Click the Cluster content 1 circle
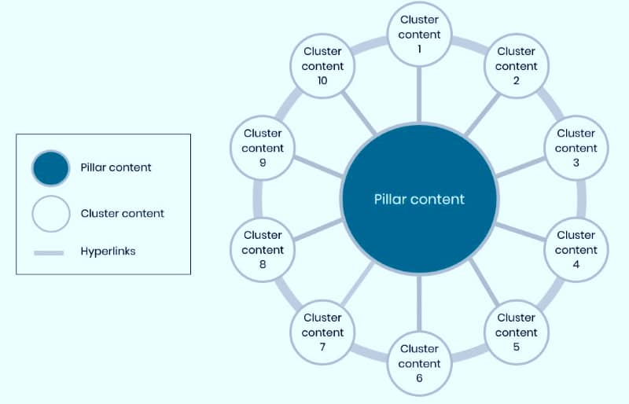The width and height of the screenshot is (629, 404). coord(419,34)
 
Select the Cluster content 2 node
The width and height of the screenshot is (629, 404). coord(516,66)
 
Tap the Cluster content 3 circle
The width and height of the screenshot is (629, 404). coord(576,148)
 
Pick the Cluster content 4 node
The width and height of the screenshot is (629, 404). coord(576,249)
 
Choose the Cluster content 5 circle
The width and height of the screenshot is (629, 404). coord(516,332)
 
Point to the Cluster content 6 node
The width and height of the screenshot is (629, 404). coord(419,362)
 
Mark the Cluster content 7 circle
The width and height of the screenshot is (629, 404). coord(322,332)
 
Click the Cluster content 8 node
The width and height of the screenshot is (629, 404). coord(263,249)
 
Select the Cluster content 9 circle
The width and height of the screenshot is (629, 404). coord(263,148)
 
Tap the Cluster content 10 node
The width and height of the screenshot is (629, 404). coord(322,66)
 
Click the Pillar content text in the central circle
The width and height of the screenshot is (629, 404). coord(419,199)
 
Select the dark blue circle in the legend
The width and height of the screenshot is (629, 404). coord(52,168)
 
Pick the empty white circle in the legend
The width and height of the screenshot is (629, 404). coord(52,213)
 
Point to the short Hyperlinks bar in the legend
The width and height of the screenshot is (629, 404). coord(50,252)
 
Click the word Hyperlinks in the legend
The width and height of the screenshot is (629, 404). coord(108,252)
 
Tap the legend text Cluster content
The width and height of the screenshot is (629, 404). coord(122,213)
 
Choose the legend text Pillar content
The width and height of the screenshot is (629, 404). coord(116,167)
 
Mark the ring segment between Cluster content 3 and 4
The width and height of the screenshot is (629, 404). coord(582,199)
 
